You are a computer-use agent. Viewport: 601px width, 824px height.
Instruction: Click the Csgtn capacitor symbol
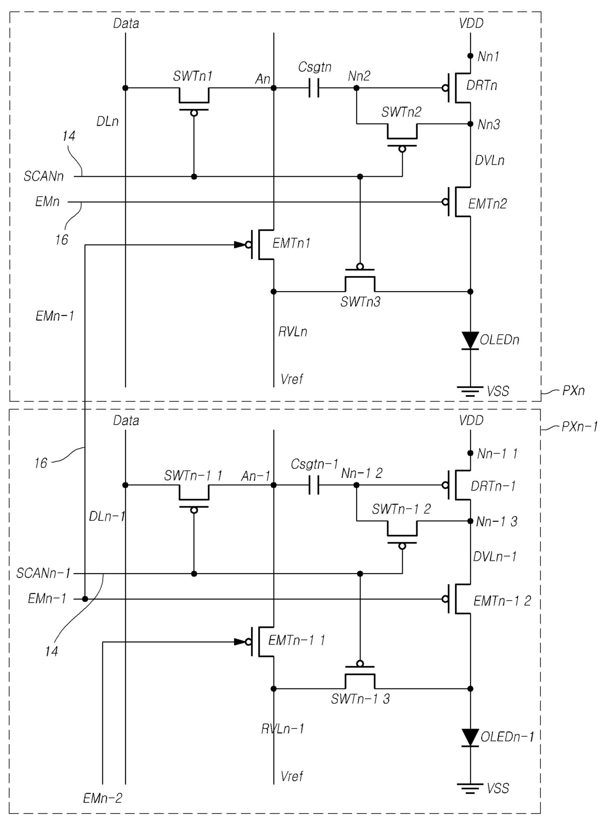314,88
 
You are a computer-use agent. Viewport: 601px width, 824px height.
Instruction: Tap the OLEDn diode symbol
470,340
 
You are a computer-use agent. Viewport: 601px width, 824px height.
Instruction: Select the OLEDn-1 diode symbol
470,738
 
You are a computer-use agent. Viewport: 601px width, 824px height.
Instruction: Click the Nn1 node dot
470,56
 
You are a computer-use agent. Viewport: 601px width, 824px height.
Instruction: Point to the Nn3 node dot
470,124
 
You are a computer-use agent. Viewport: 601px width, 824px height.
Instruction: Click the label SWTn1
193,76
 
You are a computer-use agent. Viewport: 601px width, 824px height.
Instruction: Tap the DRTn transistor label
482,85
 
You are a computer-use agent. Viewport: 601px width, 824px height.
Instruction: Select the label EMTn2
487,203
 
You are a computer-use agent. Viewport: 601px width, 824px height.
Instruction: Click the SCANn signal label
44,176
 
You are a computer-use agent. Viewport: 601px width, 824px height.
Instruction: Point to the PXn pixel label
573,390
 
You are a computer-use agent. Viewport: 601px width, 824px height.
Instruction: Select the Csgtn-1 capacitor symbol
314,485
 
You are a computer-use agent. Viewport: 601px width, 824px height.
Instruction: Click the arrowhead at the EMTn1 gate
240,245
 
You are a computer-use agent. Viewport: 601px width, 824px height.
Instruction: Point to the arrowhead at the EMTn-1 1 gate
240,642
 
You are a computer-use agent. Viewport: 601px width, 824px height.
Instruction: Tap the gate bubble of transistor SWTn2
402,149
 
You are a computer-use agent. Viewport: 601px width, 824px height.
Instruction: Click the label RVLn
293,332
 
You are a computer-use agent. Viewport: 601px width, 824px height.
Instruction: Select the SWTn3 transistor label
360,302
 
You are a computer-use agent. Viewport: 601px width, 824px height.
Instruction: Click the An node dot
273,88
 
